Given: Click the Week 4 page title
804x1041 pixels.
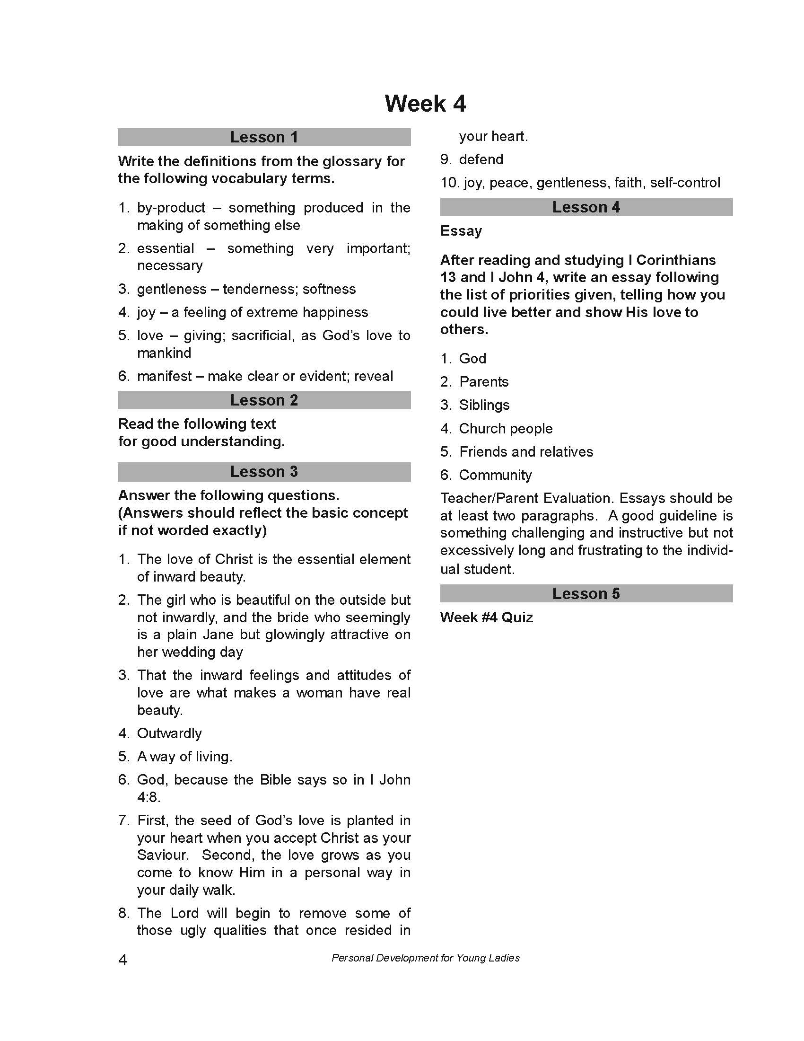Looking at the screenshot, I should tap(425, 104).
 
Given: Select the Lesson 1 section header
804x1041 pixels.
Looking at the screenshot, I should tap(264, 137).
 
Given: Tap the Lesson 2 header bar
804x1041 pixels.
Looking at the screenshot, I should tap(264, 400).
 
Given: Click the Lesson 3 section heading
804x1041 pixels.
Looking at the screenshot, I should tap(264, 471).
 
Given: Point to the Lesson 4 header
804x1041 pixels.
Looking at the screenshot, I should tap(586, 207).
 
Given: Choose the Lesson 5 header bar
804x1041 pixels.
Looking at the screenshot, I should tap(586, 593).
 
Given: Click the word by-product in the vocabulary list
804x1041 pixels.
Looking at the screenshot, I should tap(171, 208).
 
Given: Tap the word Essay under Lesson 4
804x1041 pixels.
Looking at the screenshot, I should tap(461, 231).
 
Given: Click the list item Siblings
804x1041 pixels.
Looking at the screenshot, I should tap(484, 405).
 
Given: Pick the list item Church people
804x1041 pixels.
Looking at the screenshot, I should tap(506, 429).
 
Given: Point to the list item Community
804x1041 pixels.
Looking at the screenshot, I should tap(495, 475).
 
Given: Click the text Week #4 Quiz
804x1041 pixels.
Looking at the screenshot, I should tap(486, 617).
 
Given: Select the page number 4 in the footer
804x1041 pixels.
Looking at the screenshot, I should tap(122, 960).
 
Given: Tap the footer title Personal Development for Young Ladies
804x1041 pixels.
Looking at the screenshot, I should tap(425, 958).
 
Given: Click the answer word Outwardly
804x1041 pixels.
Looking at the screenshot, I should tap(169, 733).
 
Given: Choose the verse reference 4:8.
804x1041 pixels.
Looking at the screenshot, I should tap(149, 797).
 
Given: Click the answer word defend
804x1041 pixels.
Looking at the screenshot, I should tap(481, 159).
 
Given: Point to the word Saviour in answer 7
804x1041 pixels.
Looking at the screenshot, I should tap(162, 855).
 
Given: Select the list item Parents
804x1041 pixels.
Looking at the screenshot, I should tap(483, 382).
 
